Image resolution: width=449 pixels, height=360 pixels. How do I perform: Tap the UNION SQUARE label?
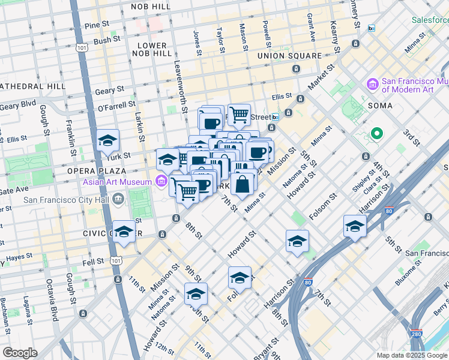coord(289,56)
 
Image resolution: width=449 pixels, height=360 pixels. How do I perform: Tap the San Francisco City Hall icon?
coord(118,198)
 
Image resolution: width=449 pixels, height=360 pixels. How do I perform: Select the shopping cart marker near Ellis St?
coord(239,114)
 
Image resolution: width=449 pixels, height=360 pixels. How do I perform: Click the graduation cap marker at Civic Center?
coord(124,232)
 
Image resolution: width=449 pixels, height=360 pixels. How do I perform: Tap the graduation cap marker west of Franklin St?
coord(107,141)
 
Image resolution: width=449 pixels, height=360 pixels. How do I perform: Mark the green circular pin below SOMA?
coord(376,133)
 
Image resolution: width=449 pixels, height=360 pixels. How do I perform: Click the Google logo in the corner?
coord(20,353)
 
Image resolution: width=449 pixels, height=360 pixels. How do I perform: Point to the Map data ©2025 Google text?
coord(411,355)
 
